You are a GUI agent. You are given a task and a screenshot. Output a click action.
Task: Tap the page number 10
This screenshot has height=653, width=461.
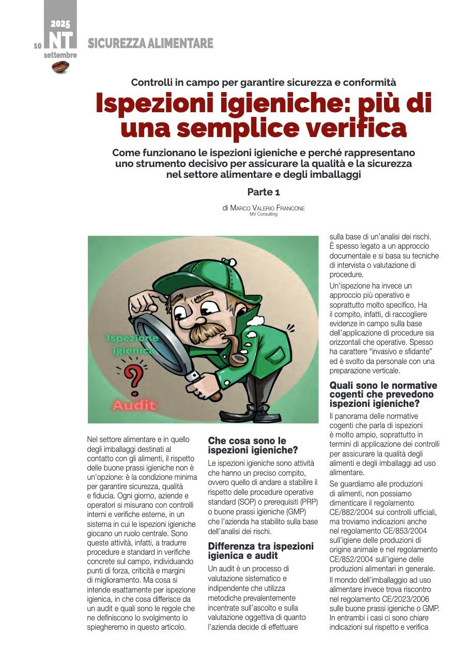pos(38,45)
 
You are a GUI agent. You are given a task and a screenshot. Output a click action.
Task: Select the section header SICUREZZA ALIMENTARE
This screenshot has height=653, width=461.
pos(150,43)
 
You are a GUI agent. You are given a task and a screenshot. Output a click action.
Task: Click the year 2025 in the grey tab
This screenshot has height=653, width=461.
pos(60,24)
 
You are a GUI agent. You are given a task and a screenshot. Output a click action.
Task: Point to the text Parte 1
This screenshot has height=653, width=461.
pos(263,192)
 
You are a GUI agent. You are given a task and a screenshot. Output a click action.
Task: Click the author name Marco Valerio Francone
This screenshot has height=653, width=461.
pos(267,208)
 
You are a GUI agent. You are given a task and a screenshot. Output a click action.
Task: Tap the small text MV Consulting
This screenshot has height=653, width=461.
pos(263,214)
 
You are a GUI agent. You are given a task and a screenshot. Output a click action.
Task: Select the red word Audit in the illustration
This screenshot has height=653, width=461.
pos(134,405)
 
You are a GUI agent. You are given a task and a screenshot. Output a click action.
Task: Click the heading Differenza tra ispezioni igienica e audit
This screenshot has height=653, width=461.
pos(260,551)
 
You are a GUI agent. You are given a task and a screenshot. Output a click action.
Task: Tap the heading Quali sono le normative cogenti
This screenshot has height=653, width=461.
pos(383,394)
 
